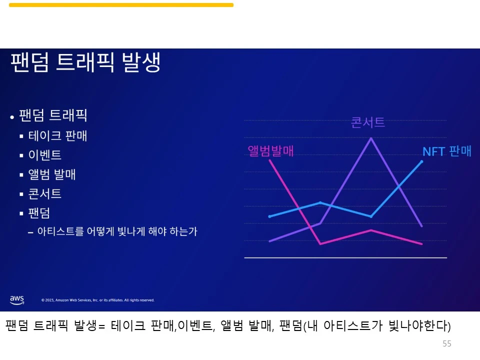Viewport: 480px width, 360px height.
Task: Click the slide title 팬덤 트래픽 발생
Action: (x=85, y=62)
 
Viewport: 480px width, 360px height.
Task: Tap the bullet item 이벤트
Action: (x=45, y=155)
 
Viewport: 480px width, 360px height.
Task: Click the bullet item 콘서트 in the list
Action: (x=45, y=194)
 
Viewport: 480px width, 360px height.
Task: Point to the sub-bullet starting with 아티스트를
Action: (x=117, y=231)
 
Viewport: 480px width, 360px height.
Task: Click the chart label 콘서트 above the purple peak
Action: (x=368, y=122)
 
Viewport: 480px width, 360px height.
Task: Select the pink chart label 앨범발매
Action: (x=271, y=151)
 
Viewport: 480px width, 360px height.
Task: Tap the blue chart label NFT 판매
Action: (x=446, y=151)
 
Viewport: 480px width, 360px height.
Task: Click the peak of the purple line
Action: (x=370, y=138)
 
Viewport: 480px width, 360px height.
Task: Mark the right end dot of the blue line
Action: (x=422, y=161)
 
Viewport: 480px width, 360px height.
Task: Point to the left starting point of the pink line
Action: (x=270, y=160)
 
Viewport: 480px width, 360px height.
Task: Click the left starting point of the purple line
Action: (x=270, y=241)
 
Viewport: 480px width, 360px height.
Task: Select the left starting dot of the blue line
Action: (x=270, y=216)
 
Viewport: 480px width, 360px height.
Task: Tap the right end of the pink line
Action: (x=422, y=244)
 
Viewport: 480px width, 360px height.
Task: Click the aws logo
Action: (x=16, y=299)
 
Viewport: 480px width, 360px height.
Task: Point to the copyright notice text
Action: (x=97, y=300)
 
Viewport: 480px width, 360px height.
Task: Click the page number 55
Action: (x=446, y=344)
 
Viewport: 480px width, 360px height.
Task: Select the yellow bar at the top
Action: (x=121, y=5)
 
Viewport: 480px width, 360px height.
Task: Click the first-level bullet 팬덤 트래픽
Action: (x=53, y=116)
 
